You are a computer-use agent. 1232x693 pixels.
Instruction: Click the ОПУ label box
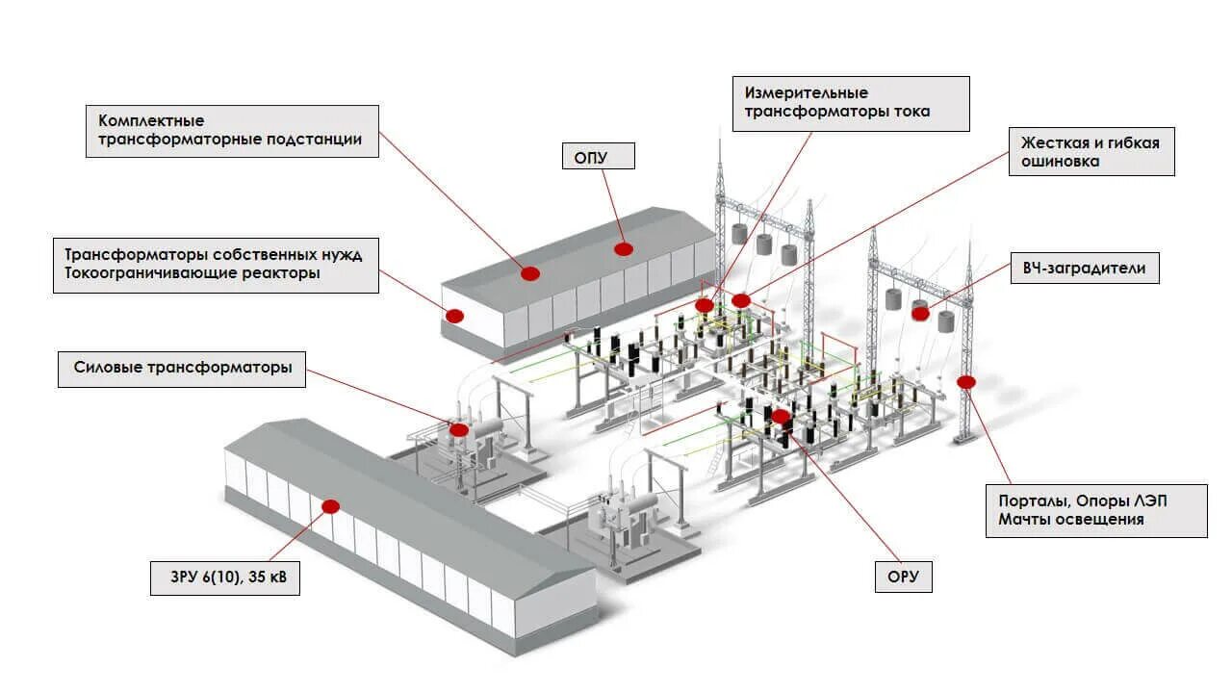click(598, 156)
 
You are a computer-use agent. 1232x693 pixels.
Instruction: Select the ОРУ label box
click(903, 577)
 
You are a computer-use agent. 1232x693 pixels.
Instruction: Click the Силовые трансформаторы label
click(182, 368)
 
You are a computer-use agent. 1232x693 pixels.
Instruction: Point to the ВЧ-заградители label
click(1084, 269)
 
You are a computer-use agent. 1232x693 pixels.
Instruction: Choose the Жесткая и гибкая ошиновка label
click(1091, 152)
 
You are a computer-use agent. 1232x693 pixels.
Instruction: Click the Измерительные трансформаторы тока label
click(851, 103)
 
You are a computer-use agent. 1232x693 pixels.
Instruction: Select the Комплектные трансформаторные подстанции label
click(232, 131)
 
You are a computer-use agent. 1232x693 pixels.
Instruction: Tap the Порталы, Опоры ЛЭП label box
click(1096, 510)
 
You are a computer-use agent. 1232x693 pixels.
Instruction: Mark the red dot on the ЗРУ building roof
click(331, 506)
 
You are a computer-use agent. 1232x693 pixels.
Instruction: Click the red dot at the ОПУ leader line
click(624, 248)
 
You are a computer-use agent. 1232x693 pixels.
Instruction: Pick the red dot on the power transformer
click(459, 430)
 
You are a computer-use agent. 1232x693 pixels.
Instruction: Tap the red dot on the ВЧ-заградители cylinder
click(920, 313)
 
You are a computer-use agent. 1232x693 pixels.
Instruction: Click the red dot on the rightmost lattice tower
click(966, 382)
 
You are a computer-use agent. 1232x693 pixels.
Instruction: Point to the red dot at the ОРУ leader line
click(781, 417)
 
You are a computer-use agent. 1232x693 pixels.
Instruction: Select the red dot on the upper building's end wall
click(454, 316)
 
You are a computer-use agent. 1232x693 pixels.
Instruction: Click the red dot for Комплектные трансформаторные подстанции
click(529, 273)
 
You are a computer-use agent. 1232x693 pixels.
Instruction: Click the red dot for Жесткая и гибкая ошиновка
click(740, 300)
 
